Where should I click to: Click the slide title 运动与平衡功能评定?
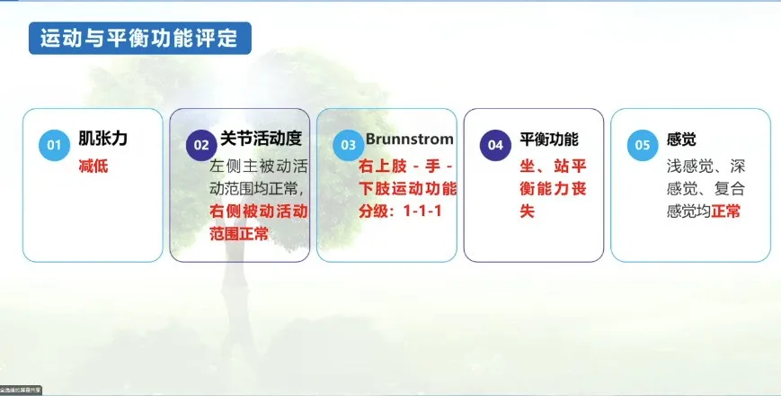[x=139, y=38]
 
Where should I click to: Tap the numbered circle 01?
[x=54, y=145]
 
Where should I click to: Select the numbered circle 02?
[x=201, y=145]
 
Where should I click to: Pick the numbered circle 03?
[x=348, y=145]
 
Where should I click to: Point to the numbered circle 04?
[x=495, y=145]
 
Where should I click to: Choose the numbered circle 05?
[x=642, y=145]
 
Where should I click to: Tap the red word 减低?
[x=93, y=166]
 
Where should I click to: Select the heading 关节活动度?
[x=260, y=139]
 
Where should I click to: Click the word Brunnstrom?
[x=409, y=139]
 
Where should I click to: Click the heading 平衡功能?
[x=548, y=139]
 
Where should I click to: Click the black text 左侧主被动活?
[x=258, y=166]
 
